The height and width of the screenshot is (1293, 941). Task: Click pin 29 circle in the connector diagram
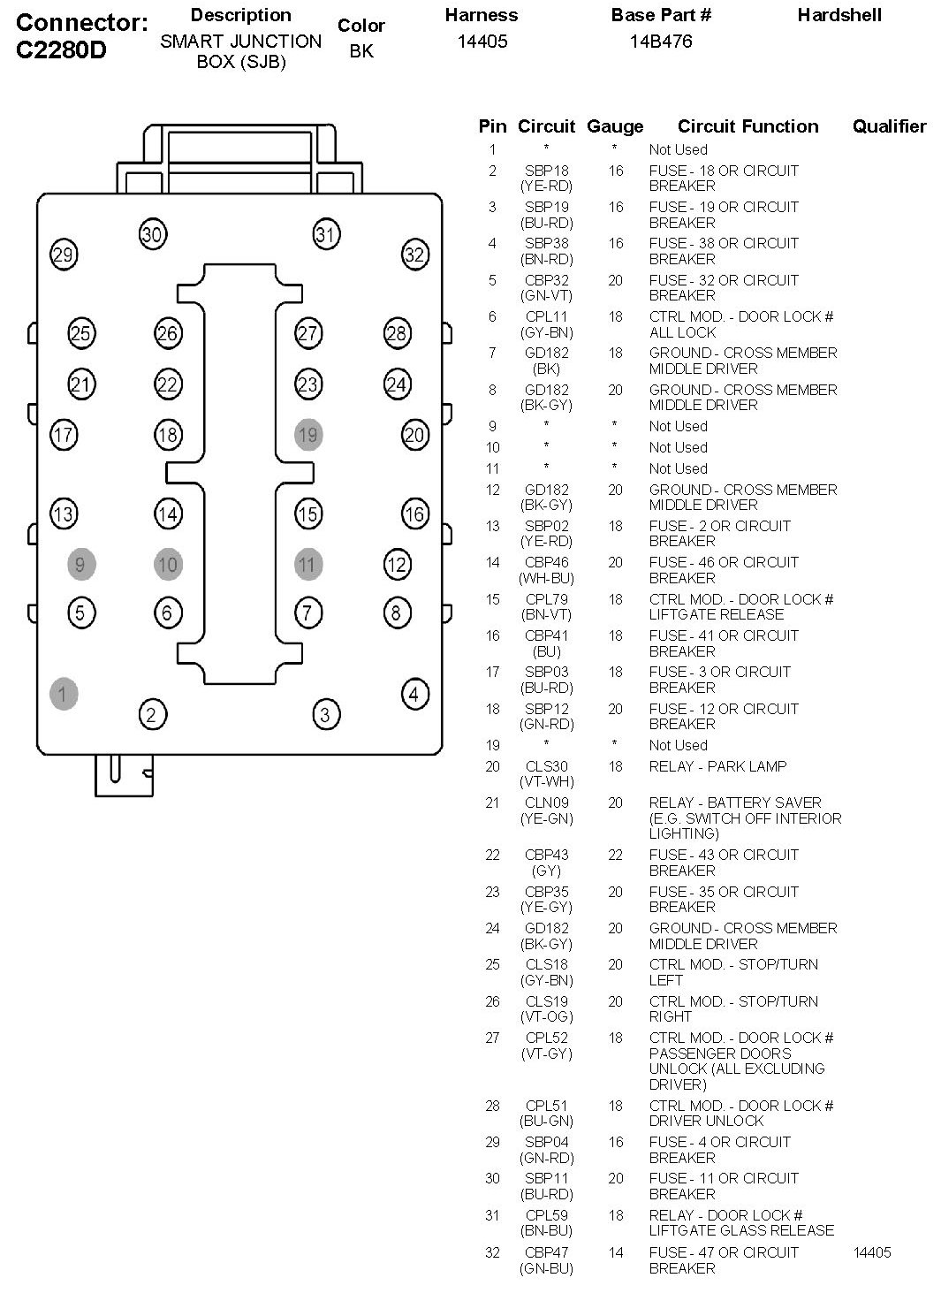pyautogui.click(x=63, y=255)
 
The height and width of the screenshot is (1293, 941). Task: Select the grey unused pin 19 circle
pyautogui.click(x=307, y=435)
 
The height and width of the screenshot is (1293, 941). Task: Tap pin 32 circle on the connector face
pyautogui.click(x=414, y=255)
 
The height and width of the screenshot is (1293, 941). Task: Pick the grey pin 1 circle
pyautogui.click(x=63, y=694)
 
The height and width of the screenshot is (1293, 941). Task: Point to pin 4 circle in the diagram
pyautogui.click(x=414, y=694)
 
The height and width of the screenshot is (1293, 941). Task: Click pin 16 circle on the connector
pyautogui.click(x=414, y=513)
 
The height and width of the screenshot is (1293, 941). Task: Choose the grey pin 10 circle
pyautogui.click(x=168, y=565)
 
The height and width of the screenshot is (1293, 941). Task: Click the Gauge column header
pyautogui.click(x=615, y=126)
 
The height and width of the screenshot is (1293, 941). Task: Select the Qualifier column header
pyautogui.click(x=889, y=126)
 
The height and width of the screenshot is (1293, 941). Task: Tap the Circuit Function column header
pyautogui.click(x=747, y=126)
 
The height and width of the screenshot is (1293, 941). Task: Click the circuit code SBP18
pyautogui.click(x=547, y=171)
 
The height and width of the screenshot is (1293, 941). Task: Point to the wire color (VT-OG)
pyautogui.click(x=547, y=1017)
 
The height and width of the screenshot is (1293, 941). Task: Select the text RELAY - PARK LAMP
pyautogui.click(x=717, y=766)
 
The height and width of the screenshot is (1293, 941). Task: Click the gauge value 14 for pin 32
pyautogui.click(x=615, y=1252)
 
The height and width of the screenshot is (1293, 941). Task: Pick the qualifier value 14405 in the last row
pyautogui.click(x=872, y=1252)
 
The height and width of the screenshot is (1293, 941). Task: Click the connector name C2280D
pyautogui.click(x=61, y=50)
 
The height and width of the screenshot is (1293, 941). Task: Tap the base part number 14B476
pyautogui.click(x=661, y=42)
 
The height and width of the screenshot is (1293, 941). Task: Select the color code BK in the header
pyautogui.click(x=361, y=51)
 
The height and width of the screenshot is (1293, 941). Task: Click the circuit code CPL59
pyautogui.click(x=547, y=1215)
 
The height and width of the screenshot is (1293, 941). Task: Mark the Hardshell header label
pyautogui.click(x=839, y=15)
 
